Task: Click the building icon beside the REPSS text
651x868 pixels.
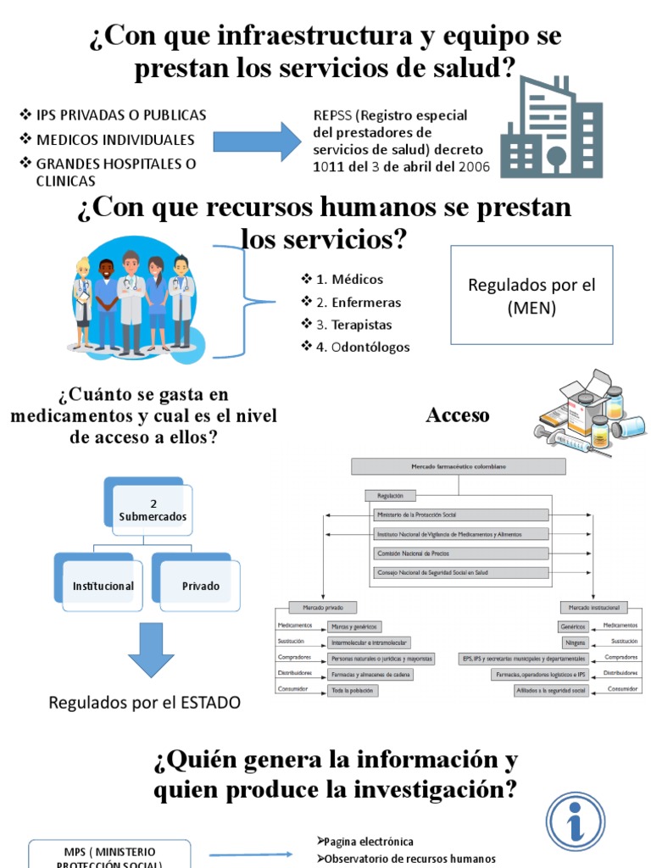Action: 551,126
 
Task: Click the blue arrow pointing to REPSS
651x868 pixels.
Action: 256,140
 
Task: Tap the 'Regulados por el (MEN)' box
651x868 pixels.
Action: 531,295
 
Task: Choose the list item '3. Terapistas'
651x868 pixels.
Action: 342,324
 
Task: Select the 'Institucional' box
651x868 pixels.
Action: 103,585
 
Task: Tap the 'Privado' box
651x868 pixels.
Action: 200,585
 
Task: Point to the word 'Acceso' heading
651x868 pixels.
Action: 458,415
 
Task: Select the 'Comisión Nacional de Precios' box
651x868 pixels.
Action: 460,553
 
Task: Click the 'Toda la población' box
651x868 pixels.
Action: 353,691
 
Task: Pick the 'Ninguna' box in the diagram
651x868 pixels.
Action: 574,642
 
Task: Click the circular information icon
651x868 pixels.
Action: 576,822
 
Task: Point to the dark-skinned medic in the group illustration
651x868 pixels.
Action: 106,301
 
